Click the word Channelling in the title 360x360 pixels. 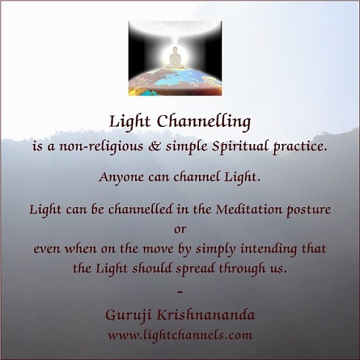(204, 122)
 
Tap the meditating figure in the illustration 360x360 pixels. (175, 58)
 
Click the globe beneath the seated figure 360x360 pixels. (175, 82)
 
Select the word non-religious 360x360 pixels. (101, 147)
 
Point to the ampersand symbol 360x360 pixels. (154, 146)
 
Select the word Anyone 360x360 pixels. (121, 177)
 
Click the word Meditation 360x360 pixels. (249, 209)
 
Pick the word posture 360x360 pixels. (309, 210)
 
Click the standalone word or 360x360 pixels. (180, 229)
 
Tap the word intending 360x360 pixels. (269, 249)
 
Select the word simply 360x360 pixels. (215, 250)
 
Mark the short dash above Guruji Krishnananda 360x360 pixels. (180, 292)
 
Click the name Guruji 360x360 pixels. (128, 315)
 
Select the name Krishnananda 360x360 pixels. (206, 315)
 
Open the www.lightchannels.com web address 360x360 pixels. (180, 336)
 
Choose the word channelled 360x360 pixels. (140, 209)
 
